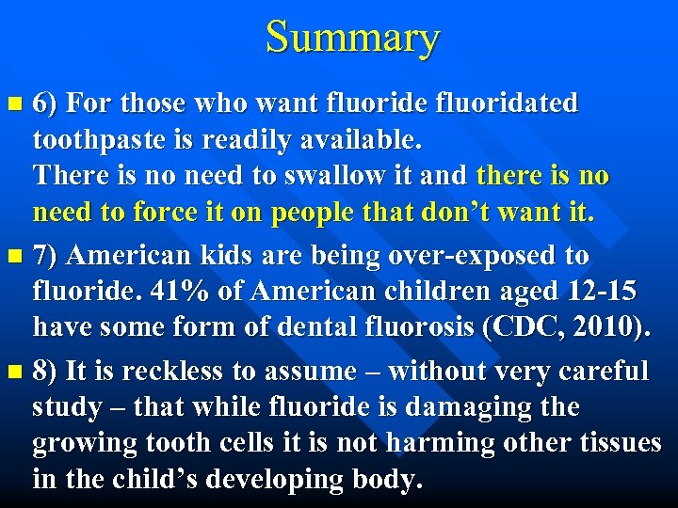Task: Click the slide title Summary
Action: [x=352, y=38]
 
